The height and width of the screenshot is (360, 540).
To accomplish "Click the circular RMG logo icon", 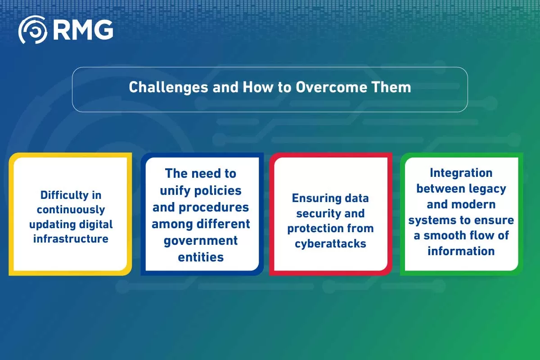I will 33,30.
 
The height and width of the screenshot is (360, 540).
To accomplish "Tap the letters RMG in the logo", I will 83,30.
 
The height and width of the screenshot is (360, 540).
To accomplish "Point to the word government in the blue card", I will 200,240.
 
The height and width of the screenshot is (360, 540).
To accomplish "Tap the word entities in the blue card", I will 201,257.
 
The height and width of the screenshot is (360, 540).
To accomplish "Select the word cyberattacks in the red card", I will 330,244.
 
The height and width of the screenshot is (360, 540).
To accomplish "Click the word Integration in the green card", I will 461,173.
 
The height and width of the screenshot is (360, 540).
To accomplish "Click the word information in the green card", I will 461,251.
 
